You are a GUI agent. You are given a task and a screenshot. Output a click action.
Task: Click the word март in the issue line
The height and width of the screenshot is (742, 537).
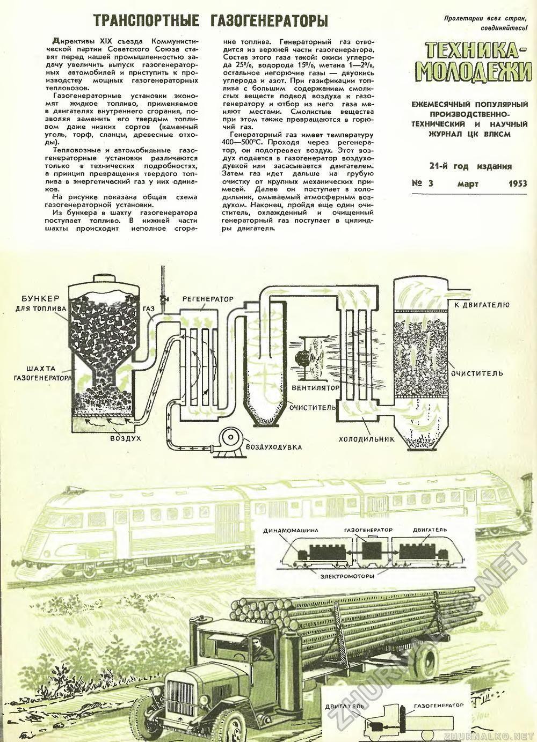468,184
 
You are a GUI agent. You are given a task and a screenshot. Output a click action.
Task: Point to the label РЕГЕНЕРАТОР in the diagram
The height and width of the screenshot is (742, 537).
208,299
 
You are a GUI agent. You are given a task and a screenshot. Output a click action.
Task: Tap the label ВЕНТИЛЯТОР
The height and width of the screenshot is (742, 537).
315,387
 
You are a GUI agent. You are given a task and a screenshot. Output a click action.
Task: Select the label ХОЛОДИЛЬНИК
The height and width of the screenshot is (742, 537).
367,439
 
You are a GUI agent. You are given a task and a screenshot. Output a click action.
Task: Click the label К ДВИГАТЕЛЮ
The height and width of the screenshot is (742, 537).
481,305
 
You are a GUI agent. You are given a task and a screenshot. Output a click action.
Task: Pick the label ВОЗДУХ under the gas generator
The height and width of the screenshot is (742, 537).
126,438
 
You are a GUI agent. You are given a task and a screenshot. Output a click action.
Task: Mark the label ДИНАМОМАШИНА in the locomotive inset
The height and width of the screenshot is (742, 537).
291,530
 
